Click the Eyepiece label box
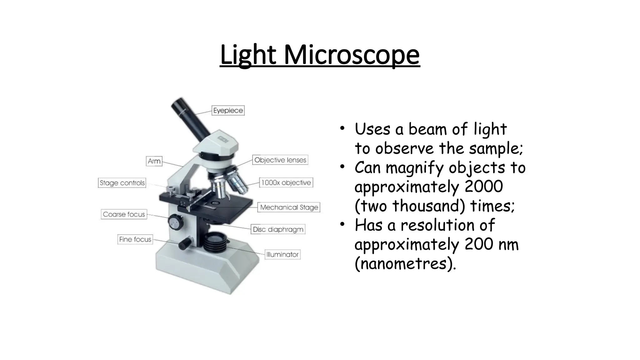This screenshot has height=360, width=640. click(228, 111)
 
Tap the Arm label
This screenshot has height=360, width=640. click(154, 161)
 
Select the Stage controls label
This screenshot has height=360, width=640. click(122, 183)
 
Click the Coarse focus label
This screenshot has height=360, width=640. click(124, 214)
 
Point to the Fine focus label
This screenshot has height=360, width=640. click(135, 239)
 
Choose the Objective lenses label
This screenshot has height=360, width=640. click(280, 160)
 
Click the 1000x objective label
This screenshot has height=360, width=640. click(286, 182)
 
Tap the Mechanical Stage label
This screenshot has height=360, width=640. click(289, 207)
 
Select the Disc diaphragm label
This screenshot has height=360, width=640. click(278, 229)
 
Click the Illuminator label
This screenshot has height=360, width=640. click(282, 254)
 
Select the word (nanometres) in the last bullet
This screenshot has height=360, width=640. click(405, 263)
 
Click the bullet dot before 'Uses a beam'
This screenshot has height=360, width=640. click(342, 128)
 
